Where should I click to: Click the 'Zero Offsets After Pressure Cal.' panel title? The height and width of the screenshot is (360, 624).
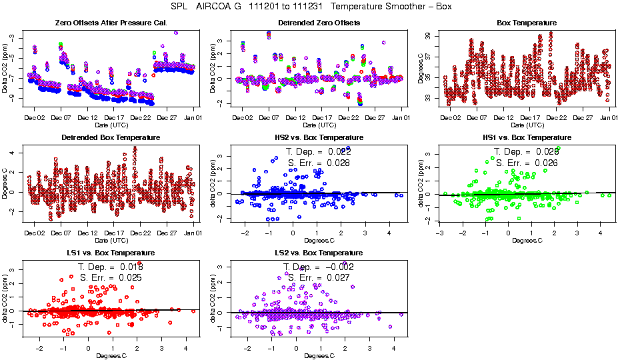pos(109,23)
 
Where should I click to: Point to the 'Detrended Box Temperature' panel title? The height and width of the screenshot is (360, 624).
pos(109,138)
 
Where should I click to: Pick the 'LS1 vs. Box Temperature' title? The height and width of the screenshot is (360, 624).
pos(109,253)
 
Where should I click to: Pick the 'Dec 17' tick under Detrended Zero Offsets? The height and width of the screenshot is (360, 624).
pos(323,117)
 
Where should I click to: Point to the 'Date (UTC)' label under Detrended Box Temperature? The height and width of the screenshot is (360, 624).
pos(109,240)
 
